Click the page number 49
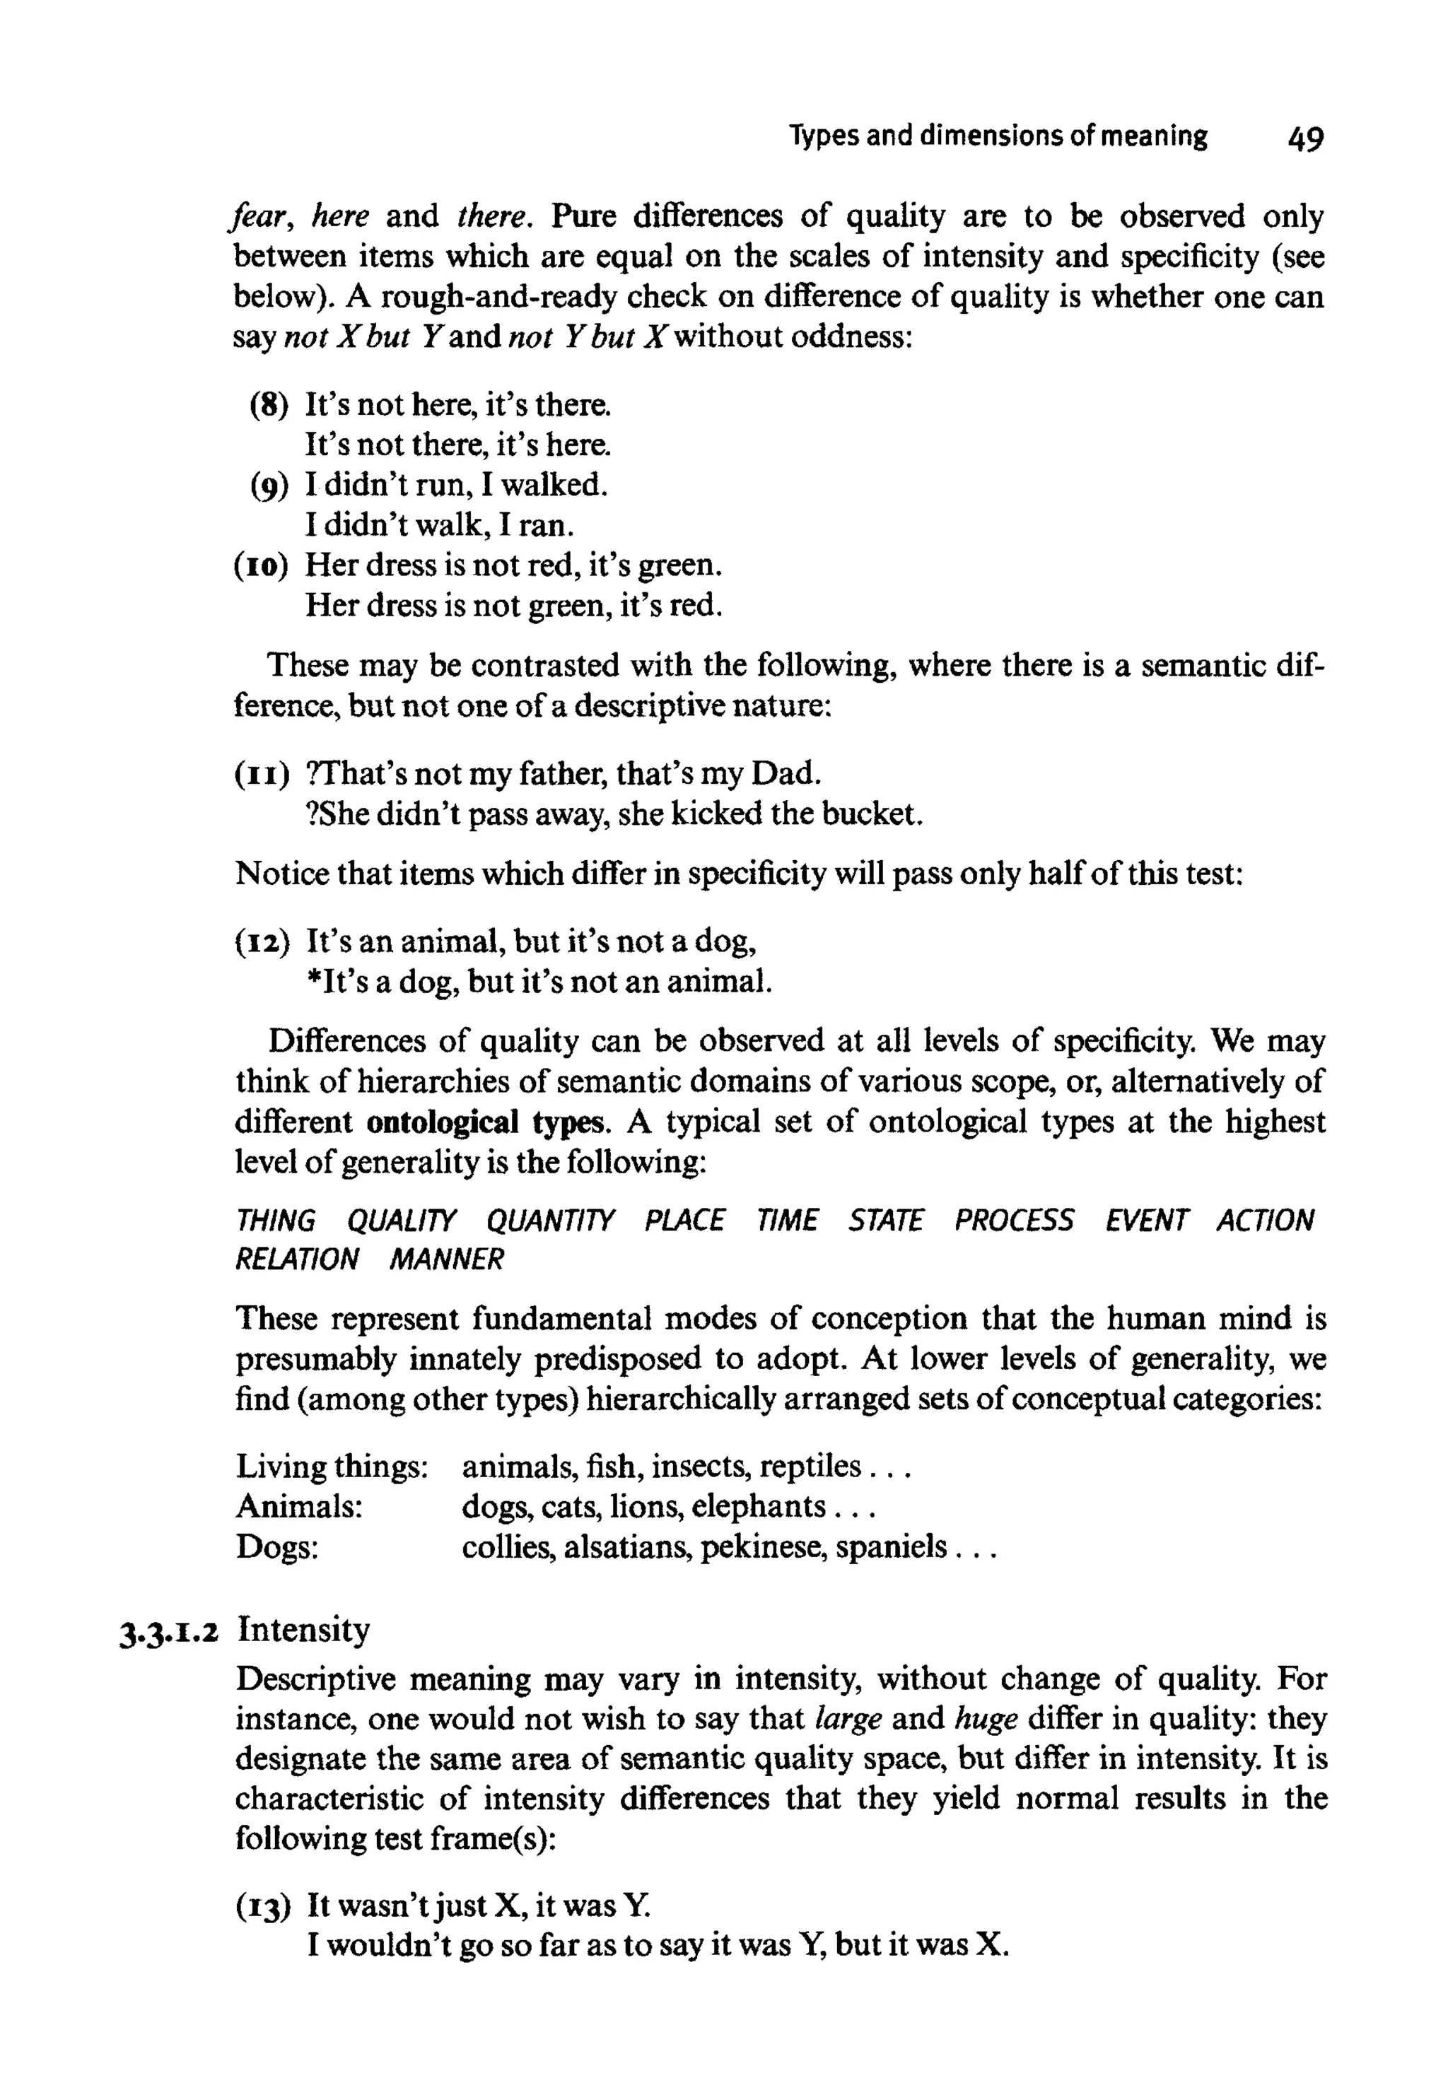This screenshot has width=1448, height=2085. coord(1304,139)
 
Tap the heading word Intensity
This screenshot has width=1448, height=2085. coord(303,1630)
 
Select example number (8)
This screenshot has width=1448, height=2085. coord(269,404)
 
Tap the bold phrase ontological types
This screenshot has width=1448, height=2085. coord(484,1122)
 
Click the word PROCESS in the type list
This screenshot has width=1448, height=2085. coord(1013,1220)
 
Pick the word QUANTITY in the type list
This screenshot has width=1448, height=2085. coord(551,1220)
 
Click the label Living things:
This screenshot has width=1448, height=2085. coord(331,1467)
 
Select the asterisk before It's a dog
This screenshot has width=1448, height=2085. coord(311,980)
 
